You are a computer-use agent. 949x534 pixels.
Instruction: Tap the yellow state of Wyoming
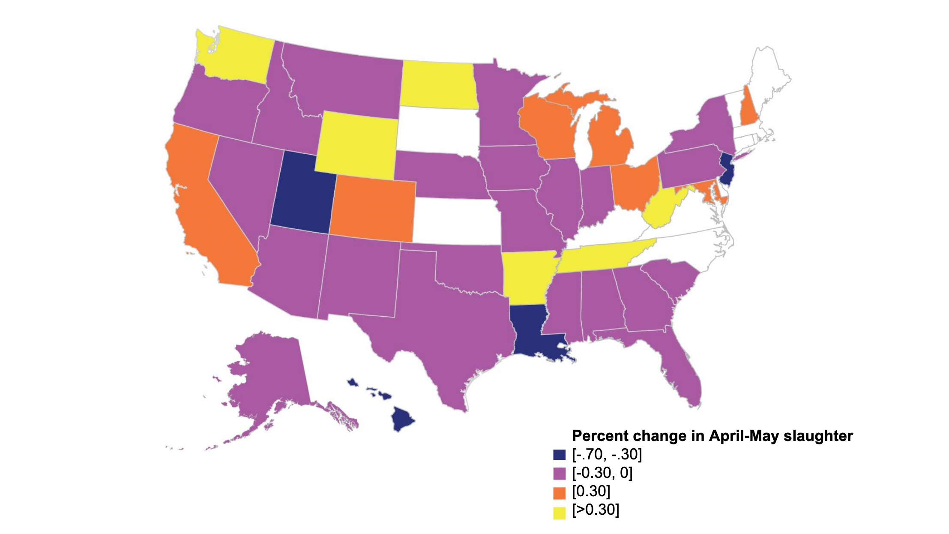point(358,146)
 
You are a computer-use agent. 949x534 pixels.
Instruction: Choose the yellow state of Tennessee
point(600,257)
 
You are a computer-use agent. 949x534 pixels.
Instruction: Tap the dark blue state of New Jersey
point(727,169)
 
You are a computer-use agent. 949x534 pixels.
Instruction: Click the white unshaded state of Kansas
point(456,221)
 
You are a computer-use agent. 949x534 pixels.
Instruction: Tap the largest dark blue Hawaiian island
point(403,419)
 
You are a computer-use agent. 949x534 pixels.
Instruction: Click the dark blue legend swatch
point(559,455)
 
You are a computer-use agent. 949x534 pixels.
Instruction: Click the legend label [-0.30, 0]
point(602,473)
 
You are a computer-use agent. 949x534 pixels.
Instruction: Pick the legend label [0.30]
point(591,492)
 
